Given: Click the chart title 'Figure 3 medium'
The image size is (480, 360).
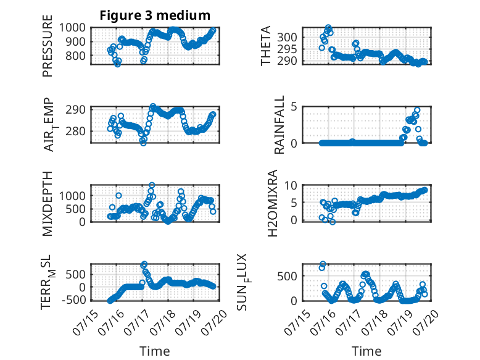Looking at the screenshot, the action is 155,15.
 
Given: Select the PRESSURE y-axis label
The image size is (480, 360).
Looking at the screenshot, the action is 48,46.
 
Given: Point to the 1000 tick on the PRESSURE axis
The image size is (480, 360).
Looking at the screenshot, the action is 72,28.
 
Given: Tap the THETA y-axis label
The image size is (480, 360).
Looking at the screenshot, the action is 266,46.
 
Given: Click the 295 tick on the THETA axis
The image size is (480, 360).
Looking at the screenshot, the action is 287,49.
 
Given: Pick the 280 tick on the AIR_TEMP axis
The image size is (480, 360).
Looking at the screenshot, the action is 76,131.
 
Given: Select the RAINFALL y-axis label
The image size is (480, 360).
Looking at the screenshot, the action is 280,125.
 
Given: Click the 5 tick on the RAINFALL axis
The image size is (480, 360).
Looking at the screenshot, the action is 294,107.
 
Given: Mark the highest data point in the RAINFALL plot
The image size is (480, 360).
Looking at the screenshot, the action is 417,110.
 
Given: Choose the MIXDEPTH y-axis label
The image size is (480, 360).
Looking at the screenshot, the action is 48,204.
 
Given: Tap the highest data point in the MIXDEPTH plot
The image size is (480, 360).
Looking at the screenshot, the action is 152,185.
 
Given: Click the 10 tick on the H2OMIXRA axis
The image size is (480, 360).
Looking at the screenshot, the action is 291,185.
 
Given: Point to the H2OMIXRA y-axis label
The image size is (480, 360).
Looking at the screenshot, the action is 272,203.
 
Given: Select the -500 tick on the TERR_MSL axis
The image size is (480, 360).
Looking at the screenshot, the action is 74,300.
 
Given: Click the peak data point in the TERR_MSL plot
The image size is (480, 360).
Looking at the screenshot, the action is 144,264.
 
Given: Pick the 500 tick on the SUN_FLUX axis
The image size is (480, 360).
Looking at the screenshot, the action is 287,277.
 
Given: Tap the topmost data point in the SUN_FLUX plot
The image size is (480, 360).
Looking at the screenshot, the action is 323,264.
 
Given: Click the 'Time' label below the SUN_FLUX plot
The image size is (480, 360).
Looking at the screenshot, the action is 366,351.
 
